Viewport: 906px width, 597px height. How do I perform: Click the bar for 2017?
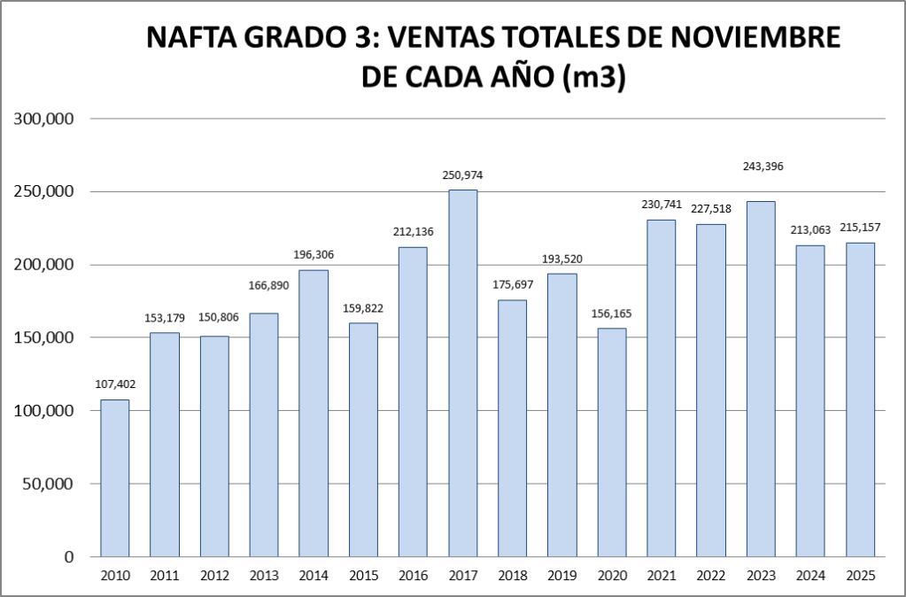[x=462, y=373]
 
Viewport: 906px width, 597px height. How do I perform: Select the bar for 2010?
[x=115, y=478]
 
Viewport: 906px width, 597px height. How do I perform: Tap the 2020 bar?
[x=611, y=442]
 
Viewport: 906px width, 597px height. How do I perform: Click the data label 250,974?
[x=462, y=175]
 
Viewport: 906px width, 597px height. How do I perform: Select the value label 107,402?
[x=115, y=384]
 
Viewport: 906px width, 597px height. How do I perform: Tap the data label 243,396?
[x=761, y=166]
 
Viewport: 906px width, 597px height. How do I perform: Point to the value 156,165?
[x=611, y=313]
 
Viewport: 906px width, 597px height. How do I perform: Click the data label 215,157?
[x=860, y=229]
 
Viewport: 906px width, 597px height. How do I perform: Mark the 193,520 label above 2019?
[x=561, y=259]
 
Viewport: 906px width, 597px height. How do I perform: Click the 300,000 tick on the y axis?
[x=43, y=119]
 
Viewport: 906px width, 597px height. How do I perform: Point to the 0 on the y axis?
[x=67, y=557]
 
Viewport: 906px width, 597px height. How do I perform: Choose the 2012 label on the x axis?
[x=214, y=577]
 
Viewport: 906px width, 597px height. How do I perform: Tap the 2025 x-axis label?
[x=860, y=577]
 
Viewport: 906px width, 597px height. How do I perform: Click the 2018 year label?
[x=512, y=577]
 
